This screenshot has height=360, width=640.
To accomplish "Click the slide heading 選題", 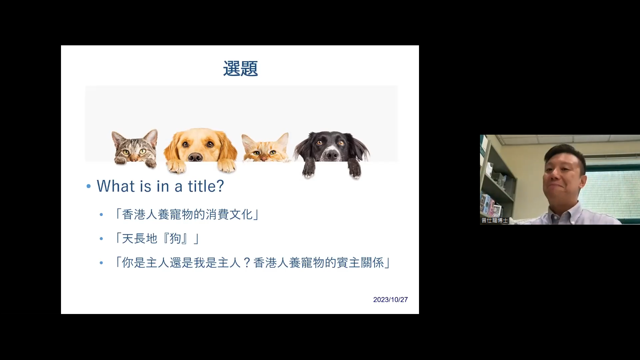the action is point(240,69).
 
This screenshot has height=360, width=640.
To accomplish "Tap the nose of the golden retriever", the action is point(196,157).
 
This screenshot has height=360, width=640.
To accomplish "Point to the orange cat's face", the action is point(265,149).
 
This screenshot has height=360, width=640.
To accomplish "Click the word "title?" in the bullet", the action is point(206,186).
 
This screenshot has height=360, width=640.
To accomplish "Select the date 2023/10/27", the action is point(390,300).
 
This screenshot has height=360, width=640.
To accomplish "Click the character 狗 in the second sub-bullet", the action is point(176,239).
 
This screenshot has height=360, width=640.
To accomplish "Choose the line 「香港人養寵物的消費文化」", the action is point(187,214).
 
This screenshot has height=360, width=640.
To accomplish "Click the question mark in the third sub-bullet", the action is point(247,263).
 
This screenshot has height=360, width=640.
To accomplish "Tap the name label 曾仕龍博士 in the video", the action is point(495,220).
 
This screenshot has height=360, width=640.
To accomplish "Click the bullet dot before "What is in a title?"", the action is point(88,186).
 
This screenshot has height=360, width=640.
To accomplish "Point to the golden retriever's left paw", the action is point(176,167).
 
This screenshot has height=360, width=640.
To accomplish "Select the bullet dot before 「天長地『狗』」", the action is point(101,239).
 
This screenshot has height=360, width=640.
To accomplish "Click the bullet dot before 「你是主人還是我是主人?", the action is point(101,263).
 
